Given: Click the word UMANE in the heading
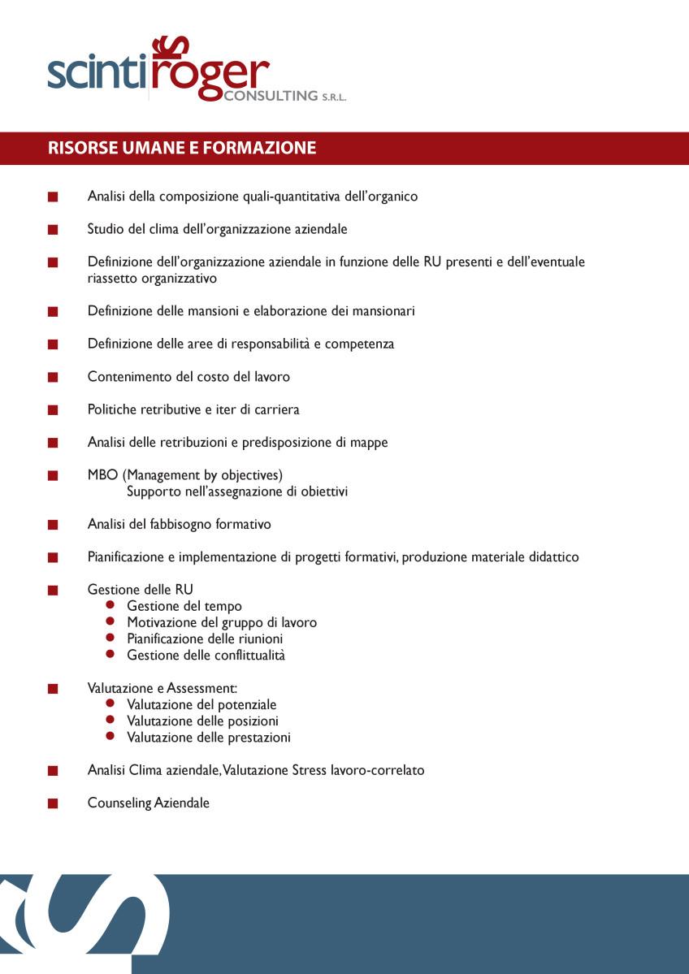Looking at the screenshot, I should click(154, 148).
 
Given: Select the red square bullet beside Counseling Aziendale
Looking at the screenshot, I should click(53, 803).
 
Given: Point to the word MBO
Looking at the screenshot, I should click(102, 474).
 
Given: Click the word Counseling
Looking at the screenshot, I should click(119, 803).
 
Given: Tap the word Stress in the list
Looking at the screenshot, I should click(310, 769).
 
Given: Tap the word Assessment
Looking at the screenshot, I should click(201, 688).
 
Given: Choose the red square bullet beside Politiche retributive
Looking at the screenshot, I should click(53, 410).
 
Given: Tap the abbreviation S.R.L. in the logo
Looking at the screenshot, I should click(333, 97).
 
